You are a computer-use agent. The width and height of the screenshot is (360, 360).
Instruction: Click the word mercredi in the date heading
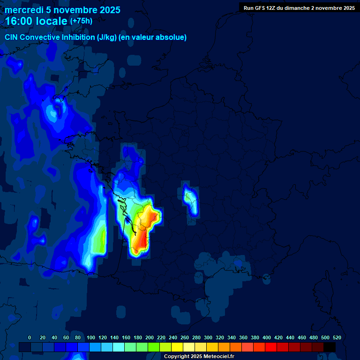tap(23, 10)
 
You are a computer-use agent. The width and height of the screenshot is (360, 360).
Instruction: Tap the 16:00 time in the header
tap(20, 21)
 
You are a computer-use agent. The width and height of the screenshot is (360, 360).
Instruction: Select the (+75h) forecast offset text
tap(81, 21)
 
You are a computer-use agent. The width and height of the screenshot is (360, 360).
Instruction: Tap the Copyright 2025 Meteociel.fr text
tap(199, 357)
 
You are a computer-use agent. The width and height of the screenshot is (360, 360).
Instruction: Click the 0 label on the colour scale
tap(30, 337)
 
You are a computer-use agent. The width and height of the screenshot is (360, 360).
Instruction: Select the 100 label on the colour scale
tap(91, 337)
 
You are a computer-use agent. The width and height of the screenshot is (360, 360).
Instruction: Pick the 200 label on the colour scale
tap(150, 337)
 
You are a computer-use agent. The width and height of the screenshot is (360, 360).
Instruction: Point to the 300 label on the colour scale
tap(208, 337)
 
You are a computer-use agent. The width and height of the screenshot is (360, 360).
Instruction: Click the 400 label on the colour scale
tap(267, 337)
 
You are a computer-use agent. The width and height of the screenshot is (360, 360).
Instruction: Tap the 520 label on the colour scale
tap(337, 337)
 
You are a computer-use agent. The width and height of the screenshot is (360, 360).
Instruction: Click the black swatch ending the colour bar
tap(330, 347)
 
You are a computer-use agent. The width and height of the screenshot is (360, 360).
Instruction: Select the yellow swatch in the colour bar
tap(177, 347)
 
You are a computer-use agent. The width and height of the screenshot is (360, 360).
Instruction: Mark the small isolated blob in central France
tap(190, 199)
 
